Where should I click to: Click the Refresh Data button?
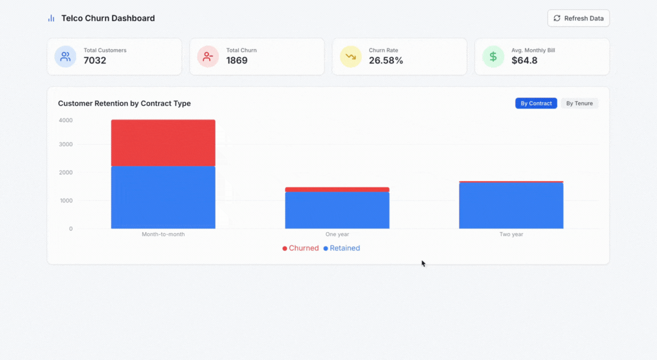coord(578,18)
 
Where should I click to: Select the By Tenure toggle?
coord(579,103)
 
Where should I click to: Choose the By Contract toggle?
coord(536,103)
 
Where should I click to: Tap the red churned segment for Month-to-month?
coord(163,143)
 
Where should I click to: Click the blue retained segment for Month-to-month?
coord(163,197)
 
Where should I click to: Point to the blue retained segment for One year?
coord(337,210)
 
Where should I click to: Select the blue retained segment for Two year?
coord(511,206)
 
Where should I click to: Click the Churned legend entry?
coord(301,248)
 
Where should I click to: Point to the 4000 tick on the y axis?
coord(66,120)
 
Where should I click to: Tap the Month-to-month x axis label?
coord(163,234)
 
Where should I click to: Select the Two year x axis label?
coord(511,234)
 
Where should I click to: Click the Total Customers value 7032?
coord(95,61)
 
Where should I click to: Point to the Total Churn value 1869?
coord(237,61)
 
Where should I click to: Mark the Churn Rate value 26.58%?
coord(386,61)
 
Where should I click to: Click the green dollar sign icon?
coord(493,57)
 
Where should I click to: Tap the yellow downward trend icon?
coord(350,57)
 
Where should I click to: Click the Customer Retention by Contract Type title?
coord(125,103)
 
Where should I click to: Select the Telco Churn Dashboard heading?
coord(108,18)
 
